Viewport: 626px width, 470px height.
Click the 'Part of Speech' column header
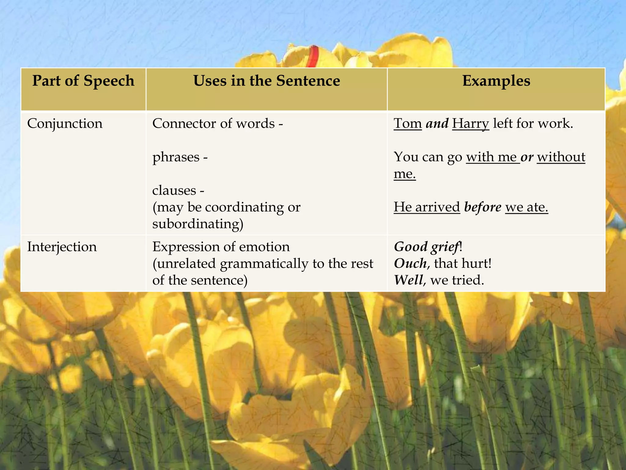point(83,81)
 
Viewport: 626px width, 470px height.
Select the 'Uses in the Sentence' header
point(267,81)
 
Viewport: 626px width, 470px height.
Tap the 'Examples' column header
point(496,81)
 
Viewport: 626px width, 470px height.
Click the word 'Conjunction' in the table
point(65,124)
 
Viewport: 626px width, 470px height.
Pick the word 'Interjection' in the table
point(62,247)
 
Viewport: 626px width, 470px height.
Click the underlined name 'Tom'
point(408,124)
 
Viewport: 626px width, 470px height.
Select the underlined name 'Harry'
point(470,124)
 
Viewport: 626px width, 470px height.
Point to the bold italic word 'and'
point(437,124)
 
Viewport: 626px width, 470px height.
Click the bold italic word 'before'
point(483,207)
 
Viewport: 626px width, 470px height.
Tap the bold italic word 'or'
point(527,157)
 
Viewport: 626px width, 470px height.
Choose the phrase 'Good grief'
point(427,247)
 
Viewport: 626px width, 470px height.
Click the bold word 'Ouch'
point(410,263)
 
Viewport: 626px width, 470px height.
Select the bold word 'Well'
point(408,280)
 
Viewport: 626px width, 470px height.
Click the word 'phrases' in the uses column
point(176,157)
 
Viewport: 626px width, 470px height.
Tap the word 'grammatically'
point(264,263)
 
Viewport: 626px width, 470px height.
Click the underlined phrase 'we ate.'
point(526,207)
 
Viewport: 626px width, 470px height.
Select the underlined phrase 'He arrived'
point(427,207)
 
